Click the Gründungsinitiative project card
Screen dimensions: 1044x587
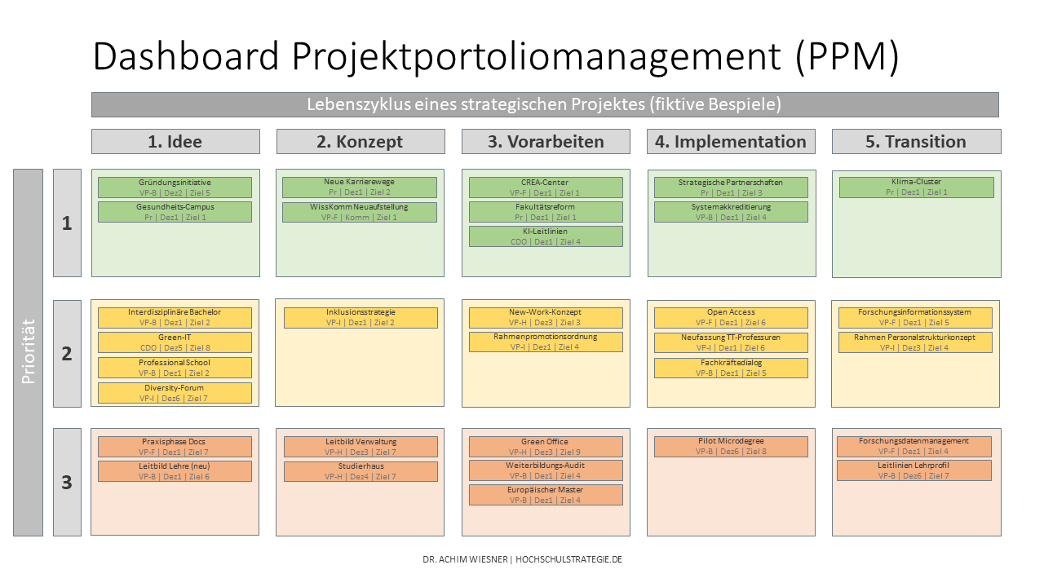[175, 188]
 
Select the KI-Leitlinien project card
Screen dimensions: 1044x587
[546, 236]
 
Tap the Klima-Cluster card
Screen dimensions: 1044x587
[916, 187]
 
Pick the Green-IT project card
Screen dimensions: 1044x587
[175, 342]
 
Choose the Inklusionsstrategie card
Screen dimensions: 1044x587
[361, 318]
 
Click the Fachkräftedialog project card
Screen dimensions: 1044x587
[731, 368]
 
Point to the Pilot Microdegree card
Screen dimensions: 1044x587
[731, 446]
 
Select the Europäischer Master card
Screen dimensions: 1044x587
[546, 495]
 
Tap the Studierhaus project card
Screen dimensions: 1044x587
[361, 471]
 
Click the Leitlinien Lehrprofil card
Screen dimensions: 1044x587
[914, 470]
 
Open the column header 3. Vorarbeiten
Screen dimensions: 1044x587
[546, 141]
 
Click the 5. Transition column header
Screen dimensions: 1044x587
[916, 141]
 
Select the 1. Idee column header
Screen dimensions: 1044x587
[175, 141]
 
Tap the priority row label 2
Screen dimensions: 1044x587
[67, 354]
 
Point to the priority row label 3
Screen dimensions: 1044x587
[67, 482]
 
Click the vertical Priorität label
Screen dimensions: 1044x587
[28, 352]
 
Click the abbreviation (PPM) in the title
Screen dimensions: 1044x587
[847, 56]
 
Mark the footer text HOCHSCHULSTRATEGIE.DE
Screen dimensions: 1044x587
[568, 559]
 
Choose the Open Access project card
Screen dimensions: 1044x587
[731, 318]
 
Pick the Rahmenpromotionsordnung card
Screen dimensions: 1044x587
[546, 342]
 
